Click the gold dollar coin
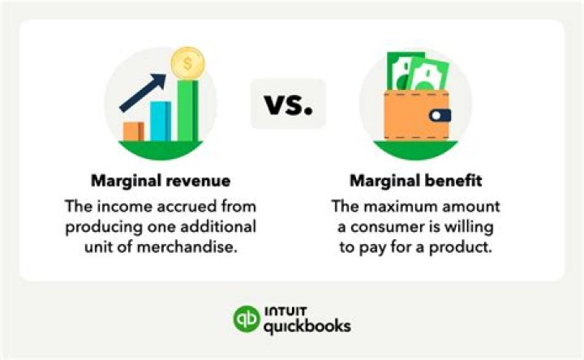click(x=188, y=62)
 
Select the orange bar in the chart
click(x=134, y=131)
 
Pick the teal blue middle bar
click(x=160, y=121)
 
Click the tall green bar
click(x=188, y=110)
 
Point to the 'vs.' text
click(x=288, y=104)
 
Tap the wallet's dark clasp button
click(x=441, y=115)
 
